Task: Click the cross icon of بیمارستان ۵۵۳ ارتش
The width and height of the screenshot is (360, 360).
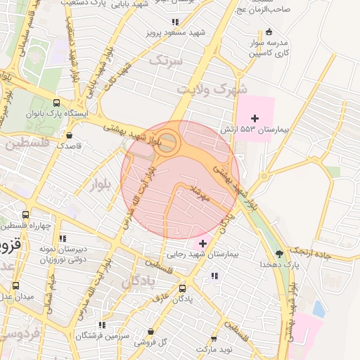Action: (x=255, y=117)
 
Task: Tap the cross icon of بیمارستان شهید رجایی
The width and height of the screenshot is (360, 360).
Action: (x=203, y=243)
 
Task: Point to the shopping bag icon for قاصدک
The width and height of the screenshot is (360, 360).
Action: (x=69, y=135)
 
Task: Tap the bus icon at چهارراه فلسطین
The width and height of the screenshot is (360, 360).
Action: (x=26, y=215)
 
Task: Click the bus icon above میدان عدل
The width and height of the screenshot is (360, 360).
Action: (x=16, y=285)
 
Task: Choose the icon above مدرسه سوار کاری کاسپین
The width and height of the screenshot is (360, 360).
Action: (x=269, y=31)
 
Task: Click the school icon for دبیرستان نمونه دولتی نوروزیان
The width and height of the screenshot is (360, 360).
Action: (x=63, y=238)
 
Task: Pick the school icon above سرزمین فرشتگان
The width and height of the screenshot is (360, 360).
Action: (x=102, y=325)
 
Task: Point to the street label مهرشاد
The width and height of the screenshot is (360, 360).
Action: (x=197, y=194)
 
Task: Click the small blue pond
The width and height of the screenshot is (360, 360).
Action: (x=319, y=308)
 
